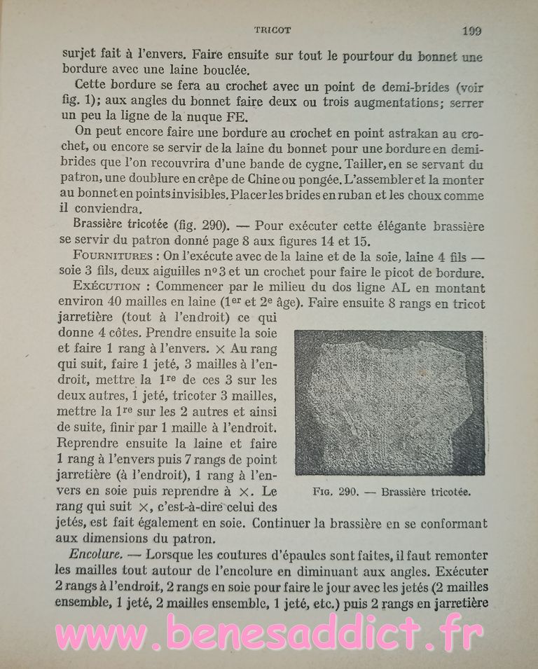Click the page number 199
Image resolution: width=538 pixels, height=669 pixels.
tap(471, 30)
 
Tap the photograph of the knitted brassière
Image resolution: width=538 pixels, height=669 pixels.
tap(389, 403)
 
